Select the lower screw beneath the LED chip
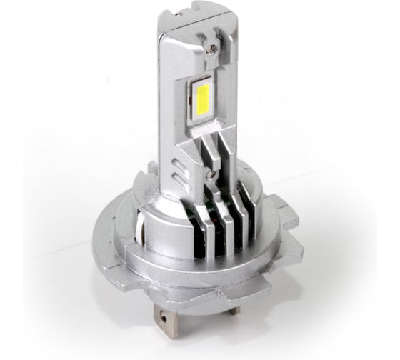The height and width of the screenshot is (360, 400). click(209, 171)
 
